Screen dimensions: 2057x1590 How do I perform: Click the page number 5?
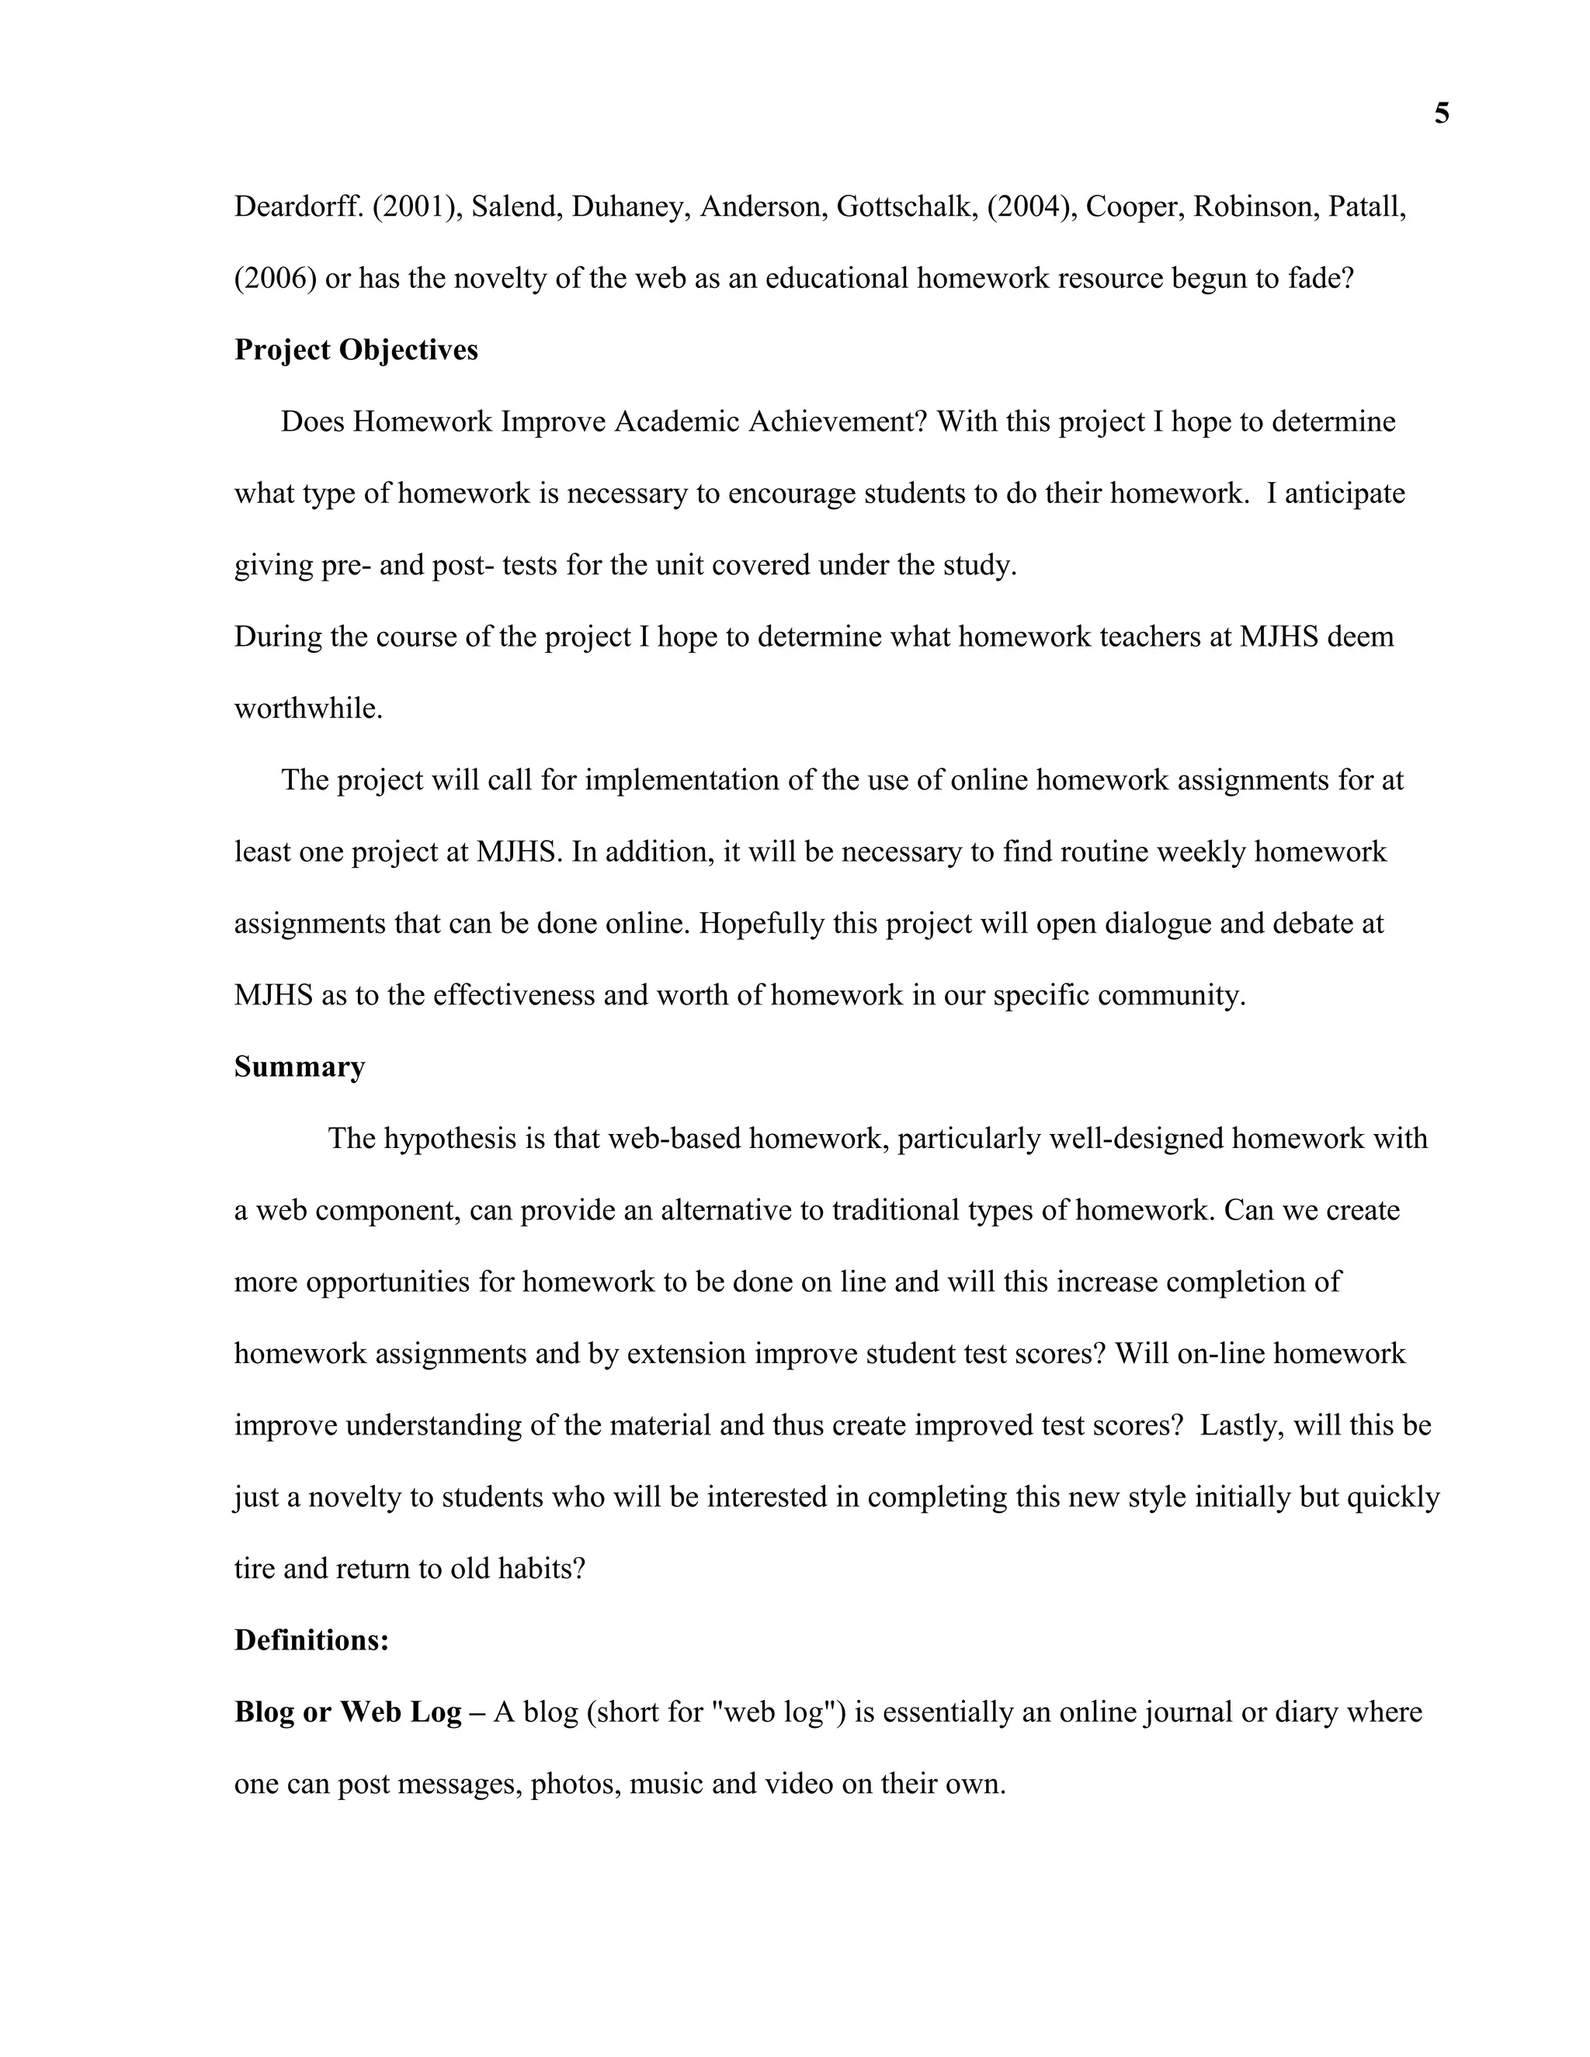click(1441, 115)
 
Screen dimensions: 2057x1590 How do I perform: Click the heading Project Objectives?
click(356, 350)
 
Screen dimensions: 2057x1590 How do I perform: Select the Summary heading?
click(300, 1067)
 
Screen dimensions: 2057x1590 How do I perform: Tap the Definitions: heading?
click(312, 1639)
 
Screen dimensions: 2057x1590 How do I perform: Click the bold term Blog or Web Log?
click(348, 1712)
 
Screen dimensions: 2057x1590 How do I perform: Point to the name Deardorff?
click(297, 207)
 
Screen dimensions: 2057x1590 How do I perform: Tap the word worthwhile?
click(307, 708)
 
